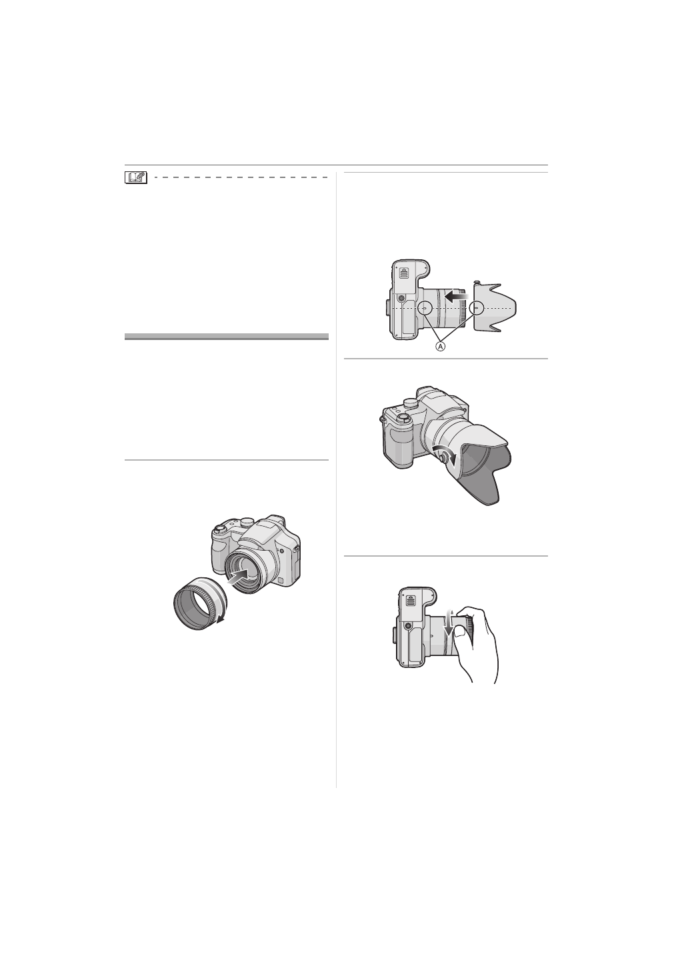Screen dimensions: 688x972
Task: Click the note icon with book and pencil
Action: (x=136, y=177)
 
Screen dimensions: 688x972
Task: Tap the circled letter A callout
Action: (x=440, y=346)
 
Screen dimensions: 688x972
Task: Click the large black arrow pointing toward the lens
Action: (x=457, y=297)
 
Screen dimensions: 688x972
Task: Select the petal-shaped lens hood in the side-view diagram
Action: (x=495, y=307)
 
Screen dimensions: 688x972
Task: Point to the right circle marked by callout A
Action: (x=477, y=307)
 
